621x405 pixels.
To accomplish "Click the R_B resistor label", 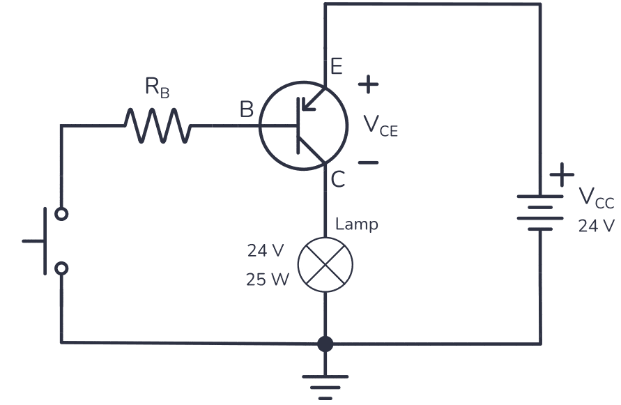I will point(157,89).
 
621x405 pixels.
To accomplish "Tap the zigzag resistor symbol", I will point(158,126).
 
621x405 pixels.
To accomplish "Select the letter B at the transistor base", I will point(247,109).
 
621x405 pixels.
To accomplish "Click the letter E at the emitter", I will point(337,67).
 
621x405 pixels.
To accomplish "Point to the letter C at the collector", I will point(337,180).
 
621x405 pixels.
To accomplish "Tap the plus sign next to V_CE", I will point(368,85).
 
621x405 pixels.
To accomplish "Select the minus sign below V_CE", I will point(368,163).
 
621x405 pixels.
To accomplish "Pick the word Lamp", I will point(356,224).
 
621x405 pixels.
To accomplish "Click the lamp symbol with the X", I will point(325,265).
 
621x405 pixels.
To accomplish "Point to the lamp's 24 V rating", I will point(266,251).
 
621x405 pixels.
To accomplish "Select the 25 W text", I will point(267,280).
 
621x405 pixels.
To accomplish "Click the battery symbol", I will point(540,212).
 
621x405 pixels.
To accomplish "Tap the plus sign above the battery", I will point(561,176).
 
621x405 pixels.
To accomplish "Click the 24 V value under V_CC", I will point(597,227).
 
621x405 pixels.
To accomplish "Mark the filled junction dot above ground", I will point(325,344).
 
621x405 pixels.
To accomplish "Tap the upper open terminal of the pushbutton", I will point(61,214).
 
